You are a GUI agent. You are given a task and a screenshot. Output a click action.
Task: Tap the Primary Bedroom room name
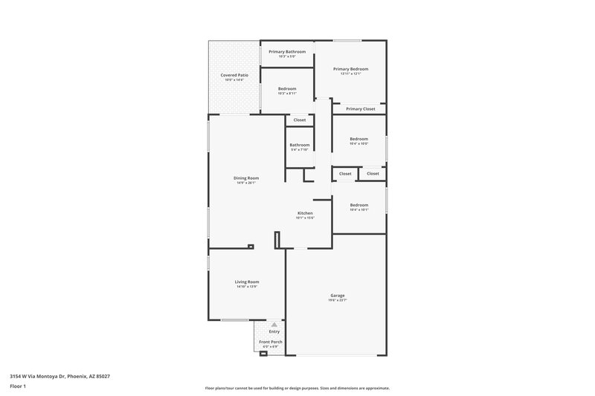(x=350, y=69)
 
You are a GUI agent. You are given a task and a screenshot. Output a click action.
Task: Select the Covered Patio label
(x=234, y=75)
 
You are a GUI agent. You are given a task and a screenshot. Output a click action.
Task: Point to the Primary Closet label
(x=361, y=108)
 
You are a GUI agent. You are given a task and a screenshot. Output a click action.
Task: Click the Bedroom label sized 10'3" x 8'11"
(x=287, y=88)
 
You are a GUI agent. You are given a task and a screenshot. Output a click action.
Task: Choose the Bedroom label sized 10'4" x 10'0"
(x=359, y=139)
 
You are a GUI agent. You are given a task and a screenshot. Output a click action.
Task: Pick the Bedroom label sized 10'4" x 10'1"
(x=359, y=204)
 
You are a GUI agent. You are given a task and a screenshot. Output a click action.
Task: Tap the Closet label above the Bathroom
(x=299, y=120)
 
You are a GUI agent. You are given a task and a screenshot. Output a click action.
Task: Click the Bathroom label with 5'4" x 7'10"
(x=300, y=145)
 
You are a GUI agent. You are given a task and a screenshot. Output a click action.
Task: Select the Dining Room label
(x=246, y=178)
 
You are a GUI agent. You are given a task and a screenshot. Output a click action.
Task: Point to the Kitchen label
(x=305, y=212)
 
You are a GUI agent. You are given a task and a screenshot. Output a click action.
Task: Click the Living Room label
(x=247, y=282)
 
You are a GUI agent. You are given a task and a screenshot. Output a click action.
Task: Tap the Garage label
(x=338, y=295)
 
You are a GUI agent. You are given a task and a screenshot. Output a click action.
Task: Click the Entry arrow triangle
(x=274, y=325)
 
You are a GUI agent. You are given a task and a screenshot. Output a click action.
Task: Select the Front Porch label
(x=271, y=342)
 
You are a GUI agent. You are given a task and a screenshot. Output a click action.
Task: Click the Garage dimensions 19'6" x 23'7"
(x=338, y=300)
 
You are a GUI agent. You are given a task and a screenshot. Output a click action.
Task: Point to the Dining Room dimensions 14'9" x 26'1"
(x=246, y=183)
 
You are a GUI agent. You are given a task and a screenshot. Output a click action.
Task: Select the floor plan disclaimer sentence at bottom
(x=297, y=388)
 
